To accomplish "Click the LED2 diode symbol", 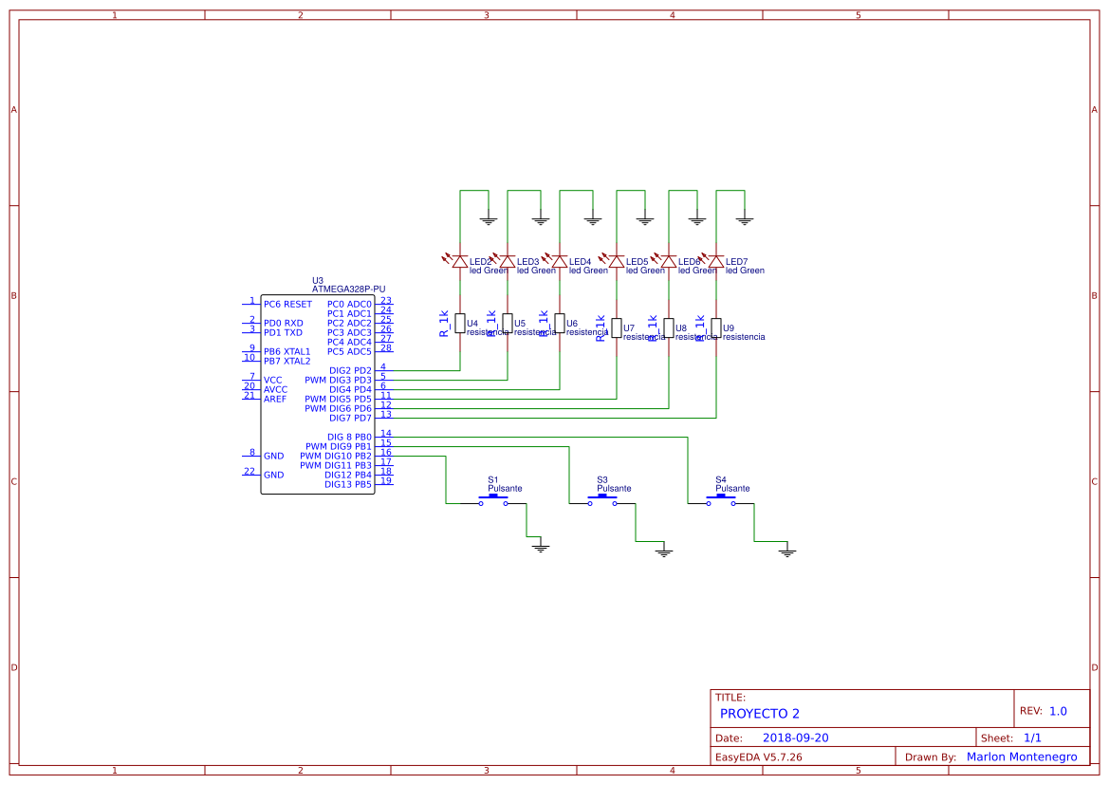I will pyautogui.click(x=460, y=261).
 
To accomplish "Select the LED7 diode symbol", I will pyautogui.click(x=716, y=261).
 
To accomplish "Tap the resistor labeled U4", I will pyautogui.click(x=460, y=324).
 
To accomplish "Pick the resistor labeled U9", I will pyautogui.click(x=716, y=327).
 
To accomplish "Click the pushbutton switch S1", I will pyautogui.click(x=493, y=500).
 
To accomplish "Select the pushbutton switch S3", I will pyautogui.click(x=602, y=500).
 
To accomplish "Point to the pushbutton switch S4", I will pyautogui.click(x=721, y=500).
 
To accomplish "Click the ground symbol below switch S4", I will pyautogui.click(x=787, y=551).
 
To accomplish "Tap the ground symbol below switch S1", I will pyautogui.click(x=541, y=548).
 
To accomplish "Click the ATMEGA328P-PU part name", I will pyautogui.click(x=348, y=289).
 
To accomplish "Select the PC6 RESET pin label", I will pyautogui.click(x=287, y=305).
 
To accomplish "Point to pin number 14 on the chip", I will pyautogui.click(x=386, y=433).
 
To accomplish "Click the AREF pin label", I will pyautogui.click(x=275, y=400).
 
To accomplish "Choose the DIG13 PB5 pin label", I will pyautogui.click(x=348, y=485).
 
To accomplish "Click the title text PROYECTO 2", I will pyautogui.click(x=760, y=714).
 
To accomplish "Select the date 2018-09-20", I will pyautogui.click(x=796, y=738).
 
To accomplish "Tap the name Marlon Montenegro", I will pyautogui.click(x=1022, y=757).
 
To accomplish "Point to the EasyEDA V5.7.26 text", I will pyautogui.click(x=758, y=757).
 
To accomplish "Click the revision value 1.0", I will pyautogui.click(x=1058, y=711).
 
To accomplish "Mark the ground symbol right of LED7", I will pyautogui.click(x=745, y=221).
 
